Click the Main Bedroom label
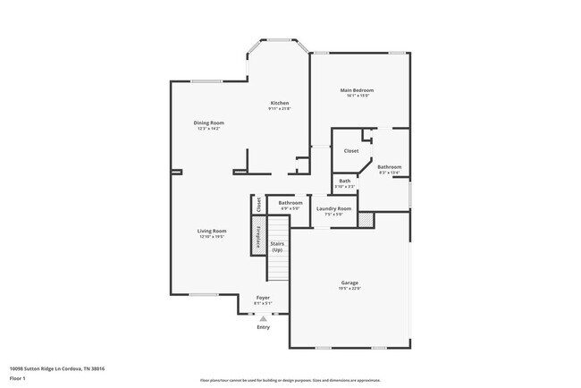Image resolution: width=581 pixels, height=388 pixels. [x=356, y=90]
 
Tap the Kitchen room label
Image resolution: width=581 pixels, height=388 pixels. [x=280, y=103]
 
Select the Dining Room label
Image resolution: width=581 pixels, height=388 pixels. [x=208, y=122]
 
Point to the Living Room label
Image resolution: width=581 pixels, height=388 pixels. [x=212, y=231]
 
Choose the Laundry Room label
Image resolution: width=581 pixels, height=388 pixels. [x=333, y=208]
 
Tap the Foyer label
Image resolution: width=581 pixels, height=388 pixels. [x=263, y=297]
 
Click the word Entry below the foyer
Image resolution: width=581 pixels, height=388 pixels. [x=263, y=327]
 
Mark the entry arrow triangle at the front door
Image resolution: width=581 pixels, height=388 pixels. [x=263, y=318]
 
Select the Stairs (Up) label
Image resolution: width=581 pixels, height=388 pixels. [x=277, y=246]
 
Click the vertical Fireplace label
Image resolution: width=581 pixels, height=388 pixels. [x=257, y=237]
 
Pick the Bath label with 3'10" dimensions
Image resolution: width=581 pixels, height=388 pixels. [x=345, y=181]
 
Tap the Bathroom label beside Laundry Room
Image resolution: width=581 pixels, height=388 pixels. [x=290, y=203]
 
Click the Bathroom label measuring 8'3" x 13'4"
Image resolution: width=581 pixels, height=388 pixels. [x=389, y=167]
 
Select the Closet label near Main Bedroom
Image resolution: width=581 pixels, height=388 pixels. [x=351, y=150]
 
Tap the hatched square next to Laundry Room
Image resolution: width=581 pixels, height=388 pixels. [x=365, y=218]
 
